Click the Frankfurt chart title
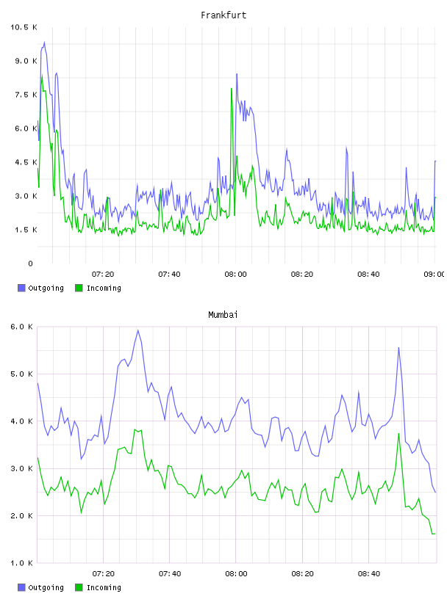tap(223, 15)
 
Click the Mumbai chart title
tap(223, 315)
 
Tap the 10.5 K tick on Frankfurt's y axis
tap(24, 27)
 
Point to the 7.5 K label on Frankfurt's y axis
tap(26, 95)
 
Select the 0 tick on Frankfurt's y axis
tap(30, 264)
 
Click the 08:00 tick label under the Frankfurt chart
tap(236, 275)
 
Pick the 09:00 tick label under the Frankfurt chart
tap(435, 275)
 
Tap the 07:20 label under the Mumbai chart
tap(104, 574)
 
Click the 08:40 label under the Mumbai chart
tap(369, 574)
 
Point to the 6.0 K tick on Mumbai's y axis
tap(22, 327)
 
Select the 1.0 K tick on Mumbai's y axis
tap(22, 563)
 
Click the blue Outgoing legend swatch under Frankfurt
tap(21, 288)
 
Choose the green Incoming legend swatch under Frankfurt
tap(79, 288)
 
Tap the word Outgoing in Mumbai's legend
tap(46, 587)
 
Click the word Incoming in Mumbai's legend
tap(104, 587)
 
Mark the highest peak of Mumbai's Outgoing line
tap(137, 330)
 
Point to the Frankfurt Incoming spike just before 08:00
tap(232, 89)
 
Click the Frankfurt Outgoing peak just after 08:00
tap(237, 74)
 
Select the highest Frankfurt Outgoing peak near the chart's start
tap(44, 43)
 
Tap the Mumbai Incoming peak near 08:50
tap(398, 434)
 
